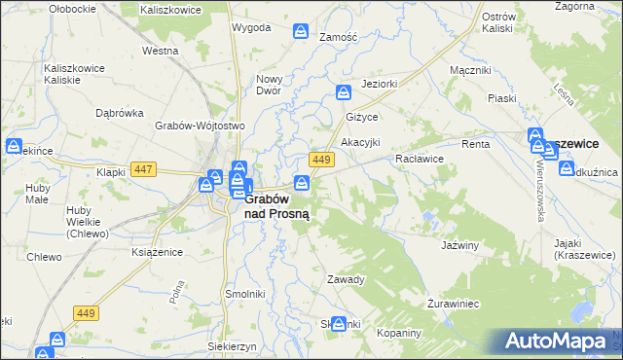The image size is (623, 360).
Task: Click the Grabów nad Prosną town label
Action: click(x=277, y=206)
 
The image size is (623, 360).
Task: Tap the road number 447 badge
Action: click(x=144, y=168)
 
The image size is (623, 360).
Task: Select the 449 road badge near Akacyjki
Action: click(x=321, y=159)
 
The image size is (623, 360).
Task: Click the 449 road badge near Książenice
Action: click(x=86, y=312)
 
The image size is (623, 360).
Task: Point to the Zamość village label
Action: click(x=339, y=36)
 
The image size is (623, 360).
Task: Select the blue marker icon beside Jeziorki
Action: click(x=344, y=92)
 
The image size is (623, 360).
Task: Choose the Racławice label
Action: click(x=420, y=158)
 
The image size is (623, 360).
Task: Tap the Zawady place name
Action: click(x=346, y=279)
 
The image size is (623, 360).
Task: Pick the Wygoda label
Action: click(x=250, y=27)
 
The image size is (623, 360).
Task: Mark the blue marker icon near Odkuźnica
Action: click(x=568, y=168)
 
